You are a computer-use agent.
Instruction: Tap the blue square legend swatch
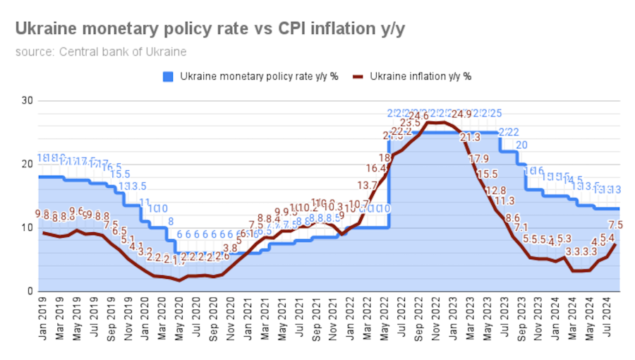coord(168,76)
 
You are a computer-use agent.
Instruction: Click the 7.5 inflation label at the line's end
coord(615,225)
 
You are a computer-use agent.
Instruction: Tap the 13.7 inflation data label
coord(367,185)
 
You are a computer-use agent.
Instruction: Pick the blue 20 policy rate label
coord(521,145)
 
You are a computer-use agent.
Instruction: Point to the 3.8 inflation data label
coord(230,248)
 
